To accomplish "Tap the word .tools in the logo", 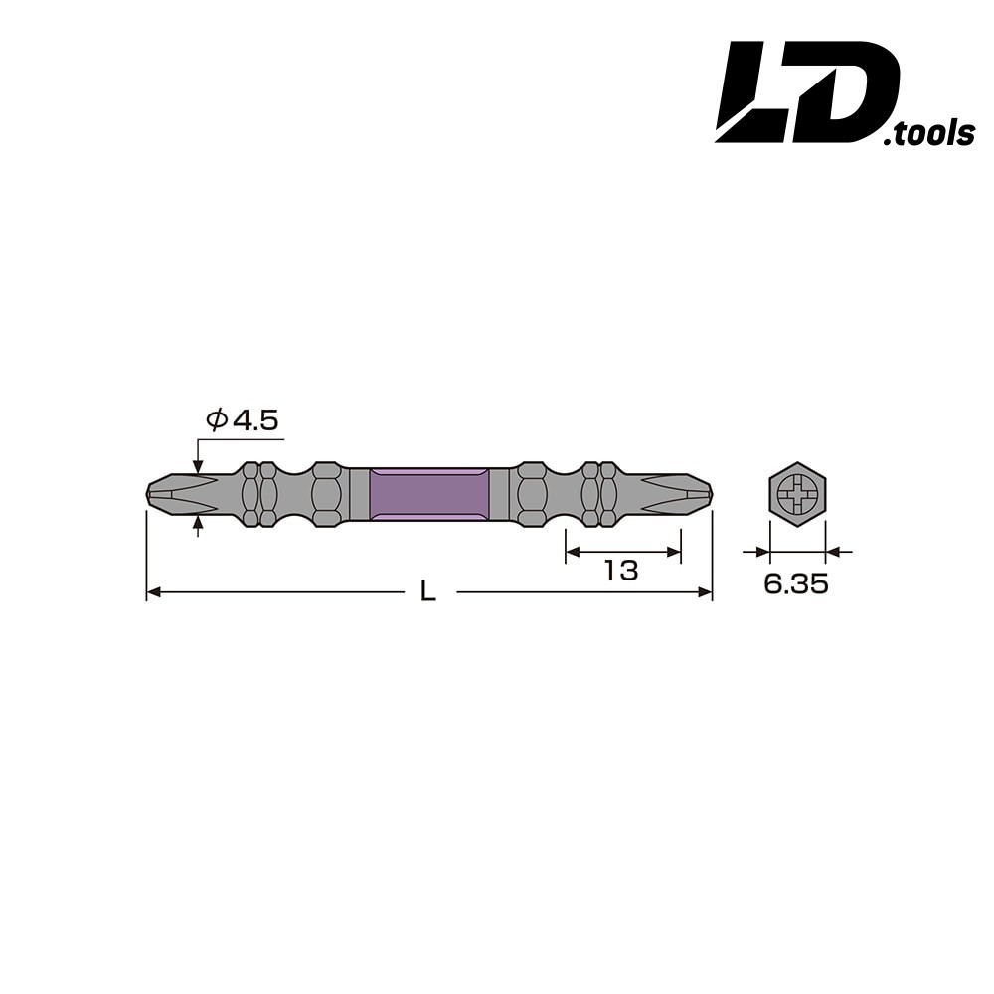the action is pos(928,134).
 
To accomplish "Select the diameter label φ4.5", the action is pos(243,419).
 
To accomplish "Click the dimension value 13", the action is pos(621,571).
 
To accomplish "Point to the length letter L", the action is pos(428,592).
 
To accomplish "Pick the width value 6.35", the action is pos(796,583).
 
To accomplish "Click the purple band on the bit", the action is pos(429,494).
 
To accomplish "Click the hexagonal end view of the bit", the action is pos(797,494).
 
